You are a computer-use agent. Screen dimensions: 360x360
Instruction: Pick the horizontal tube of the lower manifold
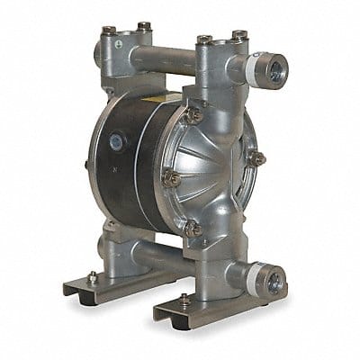tap(157, 254)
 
